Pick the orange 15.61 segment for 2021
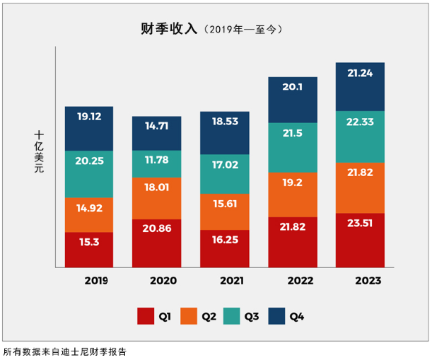pyautogui.click(x=224, y=204)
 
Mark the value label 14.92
pyautogui.click(x=89, y=207)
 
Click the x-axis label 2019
pyautogui.click(x=95, y=280)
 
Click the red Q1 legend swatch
pyautogui.click(x=146, y=316)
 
